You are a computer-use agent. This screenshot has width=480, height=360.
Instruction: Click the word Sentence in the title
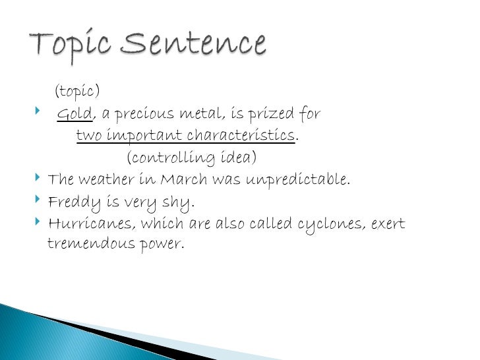point(193,45)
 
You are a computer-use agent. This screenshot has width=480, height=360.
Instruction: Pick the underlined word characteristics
point(240,136)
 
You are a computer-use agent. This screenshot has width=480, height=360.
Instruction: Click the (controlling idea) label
point(191,158)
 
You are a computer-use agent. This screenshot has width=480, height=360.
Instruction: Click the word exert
point(388,224)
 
